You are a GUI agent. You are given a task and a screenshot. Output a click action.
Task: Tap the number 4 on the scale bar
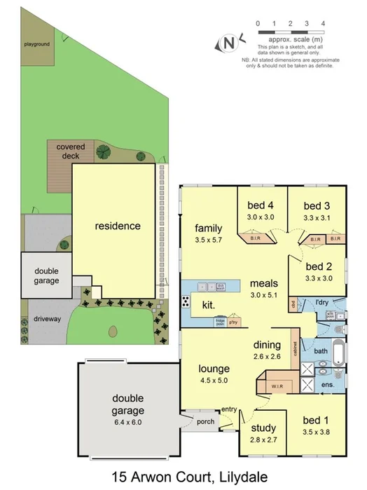coord(323,24)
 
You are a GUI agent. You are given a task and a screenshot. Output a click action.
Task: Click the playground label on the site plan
coord(37,44)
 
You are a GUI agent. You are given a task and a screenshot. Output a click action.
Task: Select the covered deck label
coord(71,151)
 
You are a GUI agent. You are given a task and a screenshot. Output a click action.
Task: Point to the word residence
coord(118,226)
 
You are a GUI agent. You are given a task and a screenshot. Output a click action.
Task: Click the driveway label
coord(47,318)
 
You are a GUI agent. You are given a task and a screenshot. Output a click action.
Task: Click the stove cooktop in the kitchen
coord(186,302)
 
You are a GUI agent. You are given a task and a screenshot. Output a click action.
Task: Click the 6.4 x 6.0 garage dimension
coord(127,422)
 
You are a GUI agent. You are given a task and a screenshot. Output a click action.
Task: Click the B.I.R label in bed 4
coord(256,240)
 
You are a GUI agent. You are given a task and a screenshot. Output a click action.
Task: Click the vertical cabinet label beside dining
coord(297,349)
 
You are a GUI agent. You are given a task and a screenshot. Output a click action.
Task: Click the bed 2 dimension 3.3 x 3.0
coord(318,278)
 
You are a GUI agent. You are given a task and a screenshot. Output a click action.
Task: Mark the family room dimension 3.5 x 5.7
coord(208,240)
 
